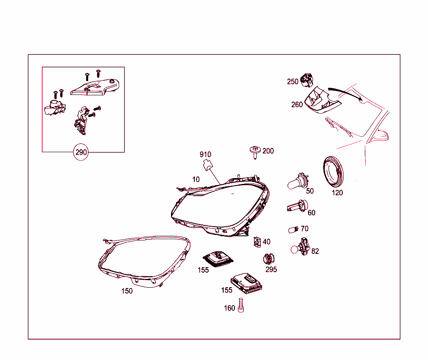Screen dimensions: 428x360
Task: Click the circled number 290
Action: pyautogui.click(x=81, y=152)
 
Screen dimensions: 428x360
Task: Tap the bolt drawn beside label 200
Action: pyautogui.click(x=255, y=152)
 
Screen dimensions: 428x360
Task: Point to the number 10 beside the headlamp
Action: pyautogui.click(x=196, y=179)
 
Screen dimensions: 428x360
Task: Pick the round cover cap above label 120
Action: pyautogui.click(x=333, y=171)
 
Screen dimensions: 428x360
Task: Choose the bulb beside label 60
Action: pyautogui.click(x=297, y=206)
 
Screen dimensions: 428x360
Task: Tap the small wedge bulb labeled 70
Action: pyautogui.click(x=293, y=230)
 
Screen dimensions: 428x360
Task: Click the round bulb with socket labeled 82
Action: pyautogui.click(x=300, y=247)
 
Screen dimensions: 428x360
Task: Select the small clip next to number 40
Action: pyautogui.click(x=257, y=242)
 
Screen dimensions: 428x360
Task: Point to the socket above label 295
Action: pyautogui.click(x=269, y=259)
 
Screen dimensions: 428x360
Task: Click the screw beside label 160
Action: pyautogui.click(x=241, y=305)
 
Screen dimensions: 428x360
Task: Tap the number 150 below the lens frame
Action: pyautogui.click(x=127, y=291)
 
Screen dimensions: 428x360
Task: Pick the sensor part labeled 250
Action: pyautogui.click(x=306, y=80)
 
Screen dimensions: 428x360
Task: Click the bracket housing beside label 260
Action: pyautogui.click(x=322, y=100)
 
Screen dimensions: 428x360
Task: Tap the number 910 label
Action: pyautogui.click(x=205, y=155)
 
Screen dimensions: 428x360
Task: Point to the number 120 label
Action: pyautogui.click(x=337, y=193)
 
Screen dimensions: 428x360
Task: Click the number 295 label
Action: pyautogui.click(x=271, y=270)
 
